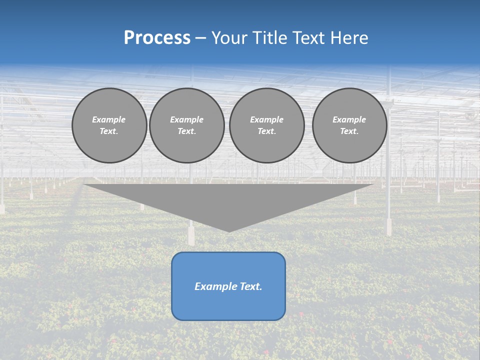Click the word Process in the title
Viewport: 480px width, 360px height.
157,38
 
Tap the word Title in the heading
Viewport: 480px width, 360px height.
269,38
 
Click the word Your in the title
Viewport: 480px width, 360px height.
230,38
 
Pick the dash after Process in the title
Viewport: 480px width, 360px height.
201,38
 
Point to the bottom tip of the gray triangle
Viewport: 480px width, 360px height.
228,231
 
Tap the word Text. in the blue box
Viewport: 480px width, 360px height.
251,286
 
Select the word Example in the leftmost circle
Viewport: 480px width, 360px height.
109,119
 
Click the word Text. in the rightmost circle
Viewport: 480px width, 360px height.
349,131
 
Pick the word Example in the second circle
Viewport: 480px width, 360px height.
187,119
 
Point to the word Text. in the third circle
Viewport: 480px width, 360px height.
266,131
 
